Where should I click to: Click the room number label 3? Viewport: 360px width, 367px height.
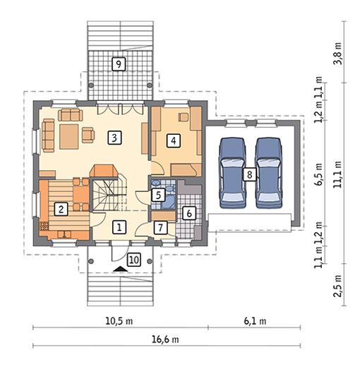(114, 138)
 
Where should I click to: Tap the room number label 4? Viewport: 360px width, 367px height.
(174, 140)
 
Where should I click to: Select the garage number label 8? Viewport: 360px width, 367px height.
(249, 174)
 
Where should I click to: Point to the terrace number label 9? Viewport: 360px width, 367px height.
(119, 64)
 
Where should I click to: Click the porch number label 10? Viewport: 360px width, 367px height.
(134, 260)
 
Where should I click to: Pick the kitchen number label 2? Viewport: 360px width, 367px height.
(61, 209)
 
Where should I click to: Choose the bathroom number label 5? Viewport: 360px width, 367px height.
(158, 195)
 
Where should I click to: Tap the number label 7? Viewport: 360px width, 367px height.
(160, 228)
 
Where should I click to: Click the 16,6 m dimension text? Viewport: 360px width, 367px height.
(165, 339)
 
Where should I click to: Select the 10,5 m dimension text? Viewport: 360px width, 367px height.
(119, 321)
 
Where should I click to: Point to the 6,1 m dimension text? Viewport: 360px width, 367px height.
(255, 321)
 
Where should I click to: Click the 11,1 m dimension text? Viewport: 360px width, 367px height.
(338, 174)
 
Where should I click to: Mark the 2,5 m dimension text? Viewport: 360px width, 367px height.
(338, 286)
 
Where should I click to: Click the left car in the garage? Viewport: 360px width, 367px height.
(232, 173)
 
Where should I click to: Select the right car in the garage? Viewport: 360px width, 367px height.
(268, 173)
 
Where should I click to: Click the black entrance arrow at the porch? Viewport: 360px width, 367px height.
(120, 269)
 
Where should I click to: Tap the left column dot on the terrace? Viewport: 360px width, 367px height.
(91, 85)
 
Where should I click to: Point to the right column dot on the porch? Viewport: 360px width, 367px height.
(150, 261)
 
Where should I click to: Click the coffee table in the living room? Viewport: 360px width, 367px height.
(68, 137)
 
